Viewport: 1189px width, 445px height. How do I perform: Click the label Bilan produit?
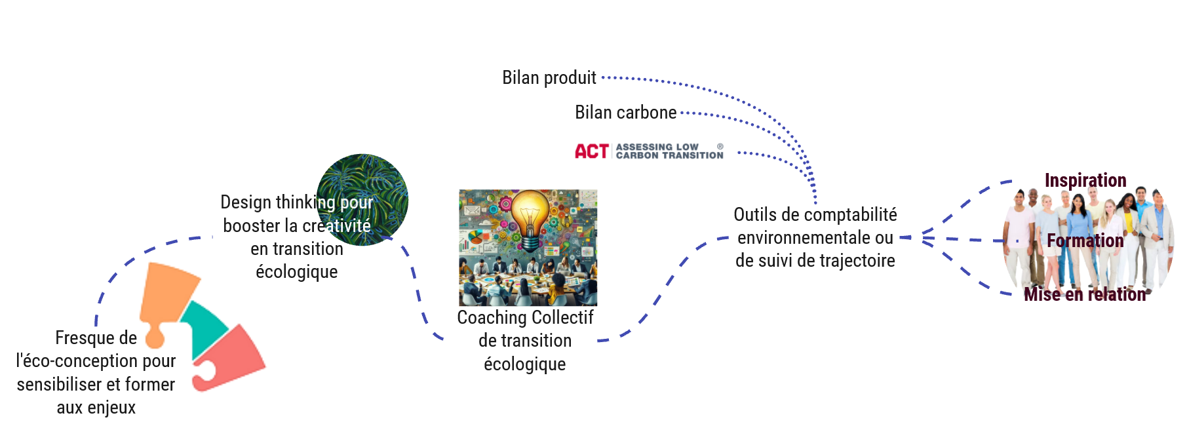tap(549, 78)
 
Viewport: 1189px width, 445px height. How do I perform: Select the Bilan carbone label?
tap(625, 113)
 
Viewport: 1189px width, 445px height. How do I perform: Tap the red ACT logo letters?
tap(591, 151)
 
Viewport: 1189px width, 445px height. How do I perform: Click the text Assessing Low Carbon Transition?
tap(669, 151)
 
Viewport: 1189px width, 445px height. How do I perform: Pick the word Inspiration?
tap(1085, 180)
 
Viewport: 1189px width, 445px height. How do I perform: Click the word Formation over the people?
tap(1085, 241)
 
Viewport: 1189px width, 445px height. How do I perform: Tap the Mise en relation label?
tap(1085, 294)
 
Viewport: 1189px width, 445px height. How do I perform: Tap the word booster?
tap(252, 226)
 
